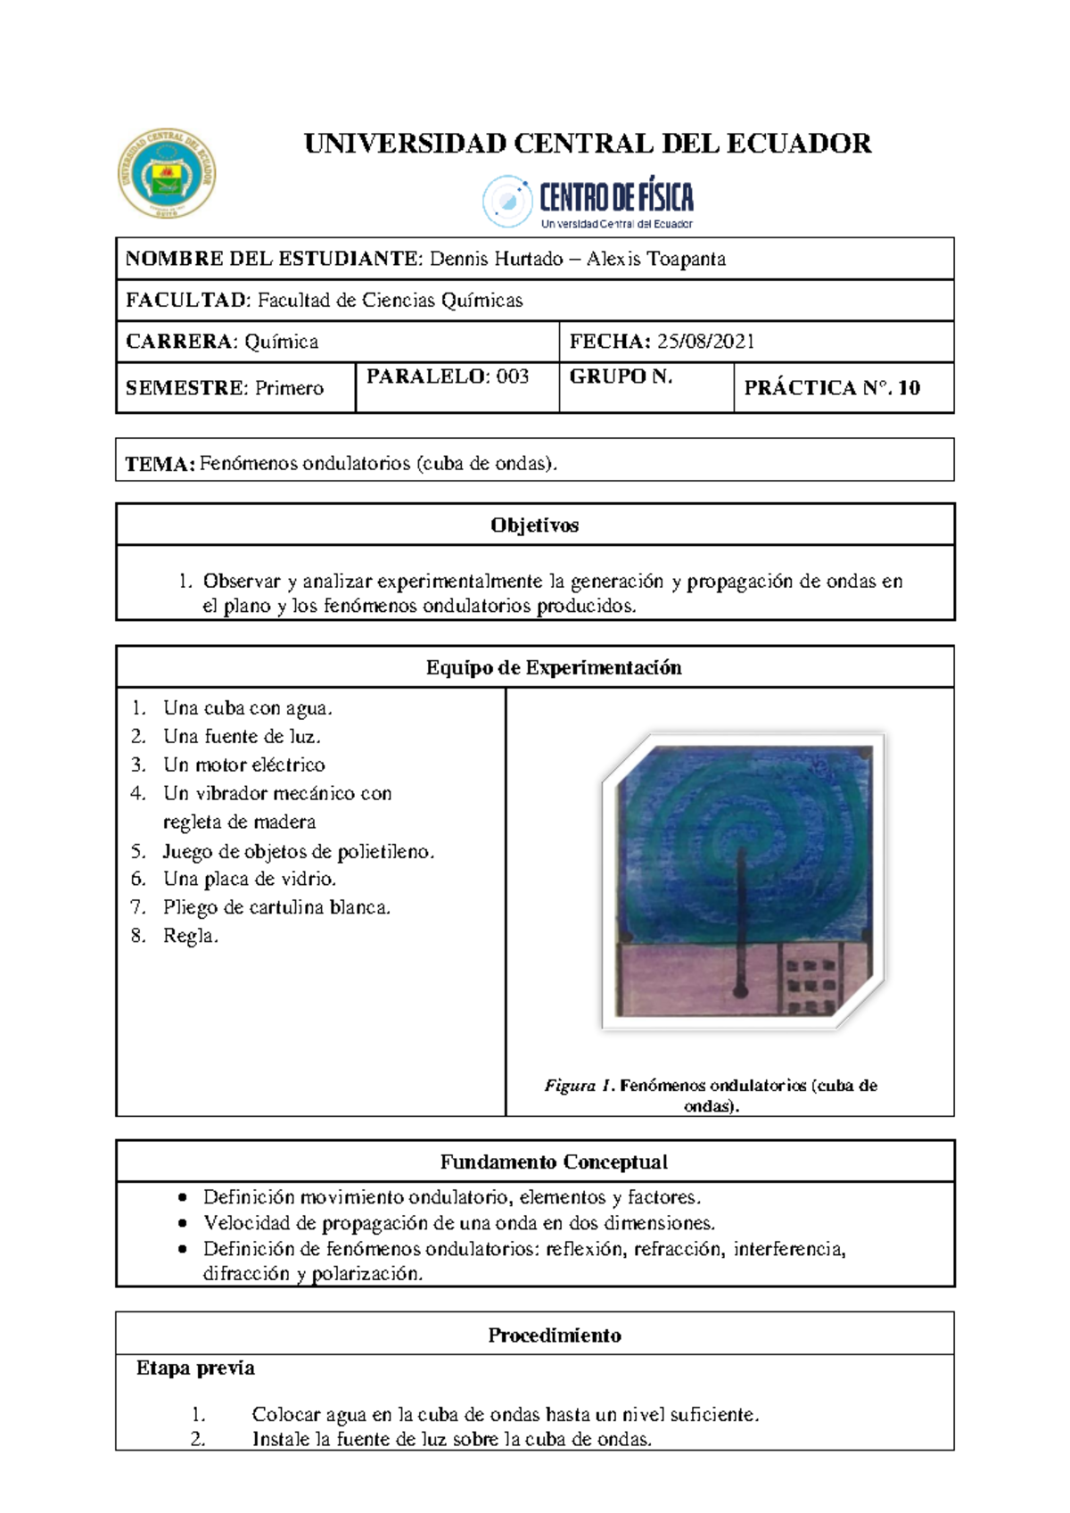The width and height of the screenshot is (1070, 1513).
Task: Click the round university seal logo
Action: click(167, 174)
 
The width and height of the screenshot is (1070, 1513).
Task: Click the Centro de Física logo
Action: click(588, 202)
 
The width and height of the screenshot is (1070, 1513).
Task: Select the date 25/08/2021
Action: click(705, 342)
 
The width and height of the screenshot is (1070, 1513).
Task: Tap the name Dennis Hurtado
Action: click(496, 259)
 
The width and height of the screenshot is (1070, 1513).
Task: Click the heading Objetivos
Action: click(534, 525)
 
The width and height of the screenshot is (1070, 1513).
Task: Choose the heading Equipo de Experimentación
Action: click(553, 667)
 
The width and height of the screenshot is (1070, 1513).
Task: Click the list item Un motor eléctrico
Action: click(243, 765)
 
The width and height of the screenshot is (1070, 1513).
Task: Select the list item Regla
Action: click(190, 936)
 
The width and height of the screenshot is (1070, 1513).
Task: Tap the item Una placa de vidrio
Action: click(249, 879)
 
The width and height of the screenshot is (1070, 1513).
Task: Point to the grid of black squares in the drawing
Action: click(809, 986)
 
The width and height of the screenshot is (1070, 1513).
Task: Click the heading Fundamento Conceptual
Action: click(553, 1162)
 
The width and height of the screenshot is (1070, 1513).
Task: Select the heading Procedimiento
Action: click(554, 1335)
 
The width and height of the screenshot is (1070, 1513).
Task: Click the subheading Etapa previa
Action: click(195, 1368)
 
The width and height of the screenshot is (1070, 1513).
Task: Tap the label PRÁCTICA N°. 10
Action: click(831, 387)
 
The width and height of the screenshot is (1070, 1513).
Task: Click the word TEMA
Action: click(159, 464)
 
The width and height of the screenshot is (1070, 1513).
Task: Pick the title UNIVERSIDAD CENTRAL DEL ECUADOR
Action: click(588, 144)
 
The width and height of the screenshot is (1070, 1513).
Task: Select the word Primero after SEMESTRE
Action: click(289, 388)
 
